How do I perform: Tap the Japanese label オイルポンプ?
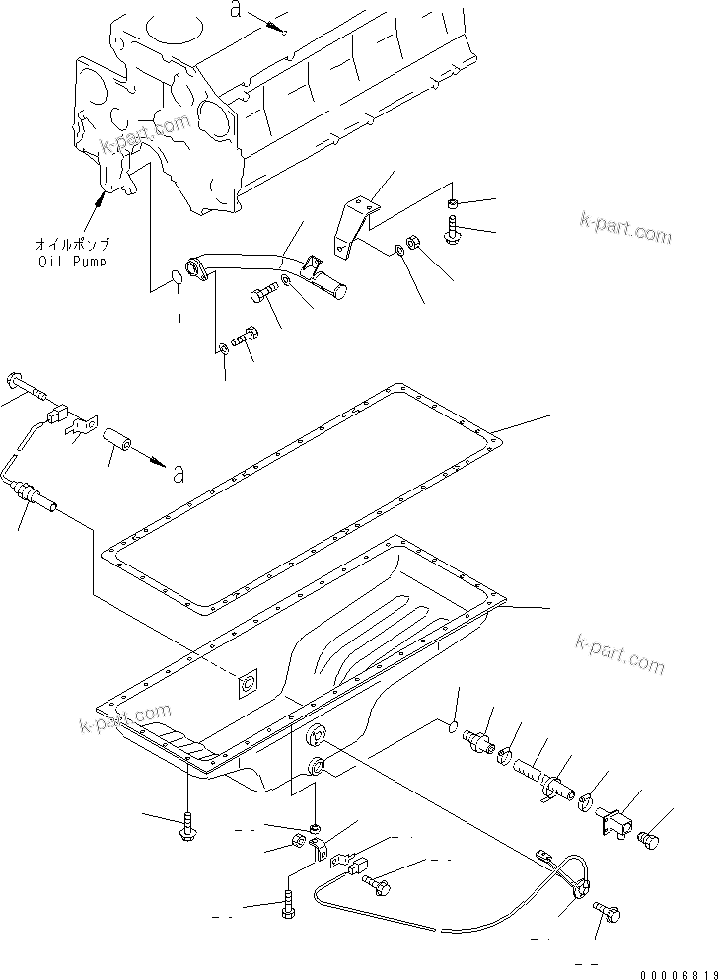[73, 244]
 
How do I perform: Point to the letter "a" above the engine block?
[235, 11]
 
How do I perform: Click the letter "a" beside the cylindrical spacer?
[179, 474]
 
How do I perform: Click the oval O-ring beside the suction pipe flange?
[175, 277]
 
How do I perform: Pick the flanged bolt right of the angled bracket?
[455, 231]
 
